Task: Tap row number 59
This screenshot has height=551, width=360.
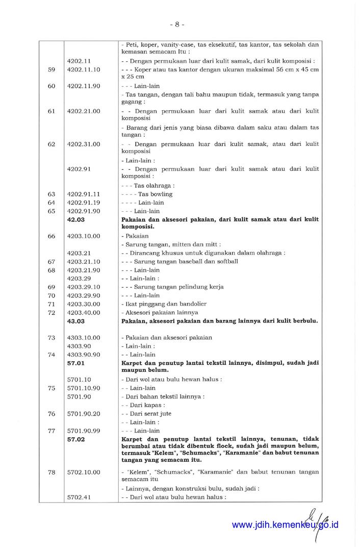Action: pos(52,69)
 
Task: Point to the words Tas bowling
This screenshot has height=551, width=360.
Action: pos(155,194)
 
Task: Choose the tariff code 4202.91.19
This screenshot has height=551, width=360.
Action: pos(84,203)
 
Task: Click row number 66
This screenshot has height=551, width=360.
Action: pos(52,236)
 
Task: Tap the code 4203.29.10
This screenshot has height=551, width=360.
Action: pos(84,287)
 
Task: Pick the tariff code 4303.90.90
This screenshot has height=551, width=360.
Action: pos(84,355)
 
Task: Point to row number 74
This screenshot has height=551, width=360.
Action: pos(52,355)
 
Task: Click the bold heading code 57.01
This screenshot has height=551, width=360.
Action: pos(76,363)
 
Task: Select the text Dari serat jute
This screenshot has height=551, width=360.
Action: pos(149,414)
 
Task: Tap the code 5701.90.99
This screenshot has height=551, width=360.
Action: pos(84,431)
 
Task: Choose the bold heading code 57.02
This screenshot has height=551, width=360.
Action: pos(76,439)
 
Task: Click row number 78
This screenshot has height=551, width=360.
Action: pos(52,472)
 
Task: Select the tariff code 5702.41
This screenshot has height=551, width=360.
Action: pos(79,497)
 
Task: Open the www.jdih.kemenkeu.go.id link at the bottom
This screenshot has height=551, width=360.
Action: pos(285,524)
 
